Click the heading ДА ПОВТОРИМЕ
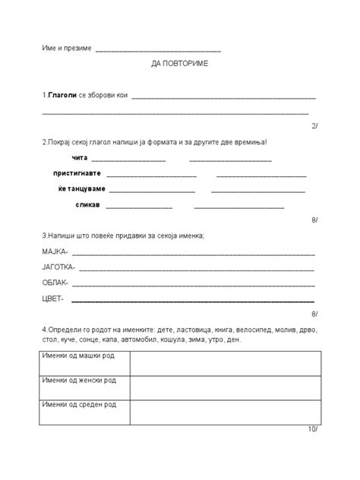coord(179,64)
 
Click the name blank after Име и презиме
coord(159,49)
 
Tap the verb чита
coord(80,158)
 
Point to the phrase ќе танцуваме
coord(81,189)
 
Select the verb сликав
coord(87,205)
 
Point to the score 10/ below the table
coord(313,429)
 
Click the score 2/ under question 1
coord(314,126)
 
